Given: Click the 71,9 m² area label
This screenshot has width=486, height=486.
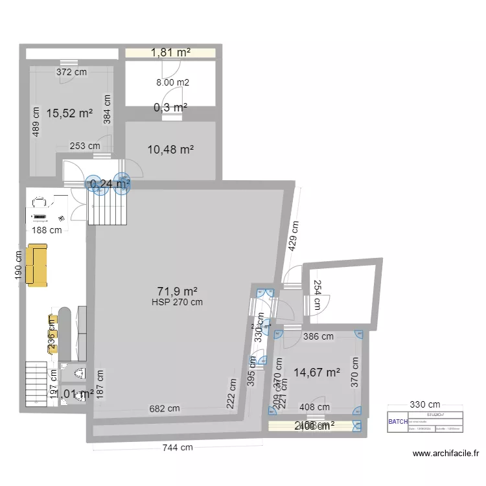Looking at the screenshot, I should click(x=177, y=292).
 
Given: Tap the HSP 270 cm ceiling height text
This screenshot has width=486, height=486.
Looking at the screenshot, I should click(x=177, y=302).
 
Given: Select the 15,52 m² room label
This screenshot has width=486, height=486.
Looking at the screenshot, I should click(x=69, y=113).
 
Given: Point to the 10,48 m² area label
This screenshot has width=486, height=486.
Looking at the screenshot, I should click(x=171, y=150).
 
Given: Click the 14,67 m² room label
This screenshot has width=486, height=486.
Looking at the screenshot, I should click(x=317, y=373).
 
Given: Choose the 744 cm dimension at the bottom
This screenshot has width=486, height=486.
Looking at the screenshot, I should click(x=177, y=447).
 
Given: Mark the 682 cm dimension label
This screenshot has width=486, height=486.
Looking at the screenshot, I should click(x=165, y=408).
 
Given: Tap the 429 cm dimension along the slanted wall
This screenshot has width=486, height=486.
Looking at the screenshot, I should click(x=294, y=237).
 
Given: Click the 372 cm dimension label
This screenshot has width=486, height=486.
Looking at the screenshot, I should click(x=71, y=73).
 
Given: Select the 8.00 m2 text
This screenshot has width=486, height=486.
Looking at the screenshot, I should click(x=172, y=82).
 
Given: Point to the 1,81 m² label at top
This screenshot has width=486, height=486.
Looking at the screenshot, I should click(x=170, y=53).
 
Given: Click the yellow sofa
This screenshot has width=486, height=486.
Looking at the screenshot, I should click(x=37, y=265).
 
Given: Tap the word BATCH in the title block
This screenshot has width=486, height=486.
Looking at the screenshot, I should click(x=398, y=422).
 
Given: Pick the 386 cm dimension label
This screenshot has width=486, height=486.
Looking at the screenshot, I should click(x=319, y=336).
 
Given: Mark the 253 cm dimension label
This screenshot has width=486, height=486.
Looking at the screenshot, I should click(x=85, y=146).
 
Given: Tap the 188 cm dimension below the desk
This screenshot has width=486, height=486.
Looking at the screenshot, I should click(x=47, y=229).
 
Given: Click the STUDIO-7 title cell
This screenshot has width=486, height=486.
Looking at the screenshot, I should click(x=435, y=414).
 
